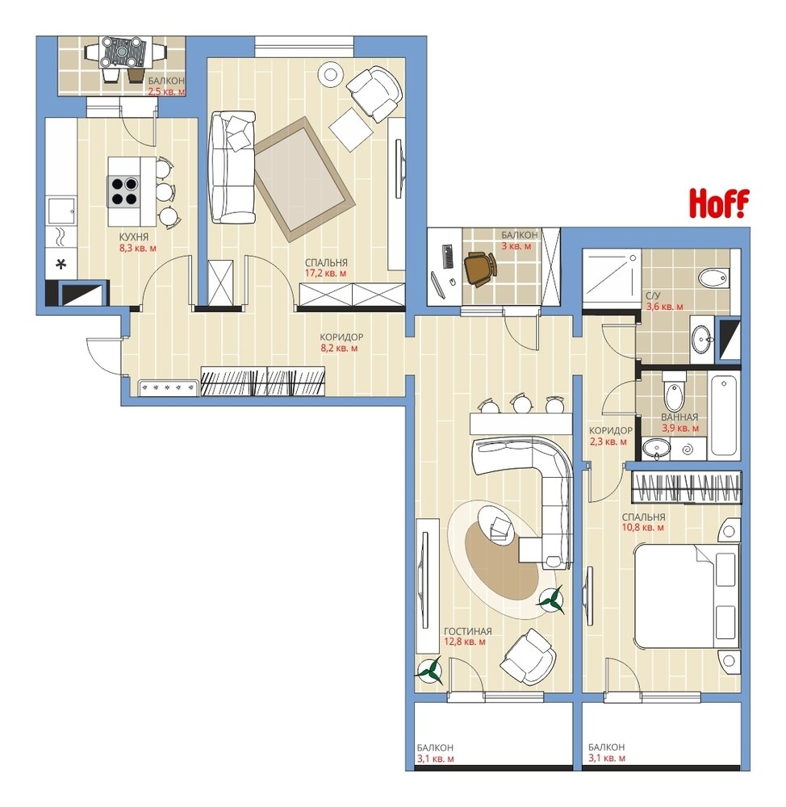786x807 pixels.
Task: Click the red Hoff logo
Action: click(x=719, y=203)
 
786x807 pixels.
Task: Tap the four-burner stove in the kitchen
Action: click(x=123, y=191)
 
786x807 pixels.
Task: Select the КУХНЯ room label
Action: click(x=134, y=237)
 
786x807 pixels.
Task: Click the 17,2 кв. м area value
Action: click(x=326, y=274)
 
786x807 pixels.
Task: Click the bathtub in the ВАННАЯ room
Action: click(x=723, y=416)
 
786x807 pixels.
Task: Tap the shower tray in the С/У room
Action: click(x=612, y=275)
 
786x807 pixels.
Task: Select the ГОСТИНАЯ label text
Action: click(x=468, y=631)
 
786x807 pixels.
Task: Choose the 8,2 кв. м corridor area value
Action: click(x=339, y=349)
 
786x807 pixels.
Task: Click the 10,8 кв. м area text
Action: click(x=643, y=528)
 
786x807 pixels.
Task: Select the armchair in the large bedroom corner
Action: click(x=374, y=93)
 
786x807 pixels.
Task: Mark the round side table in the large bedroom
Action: click(x=331, y=75)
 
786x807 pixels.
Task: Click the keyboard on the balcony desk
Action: click(x=447, y=256)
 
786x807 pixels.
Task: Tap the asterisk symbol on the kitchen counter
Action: click(x=61, y=265)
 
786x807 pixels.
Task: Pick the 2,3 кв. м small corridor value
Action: click(x=608, y=441)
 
